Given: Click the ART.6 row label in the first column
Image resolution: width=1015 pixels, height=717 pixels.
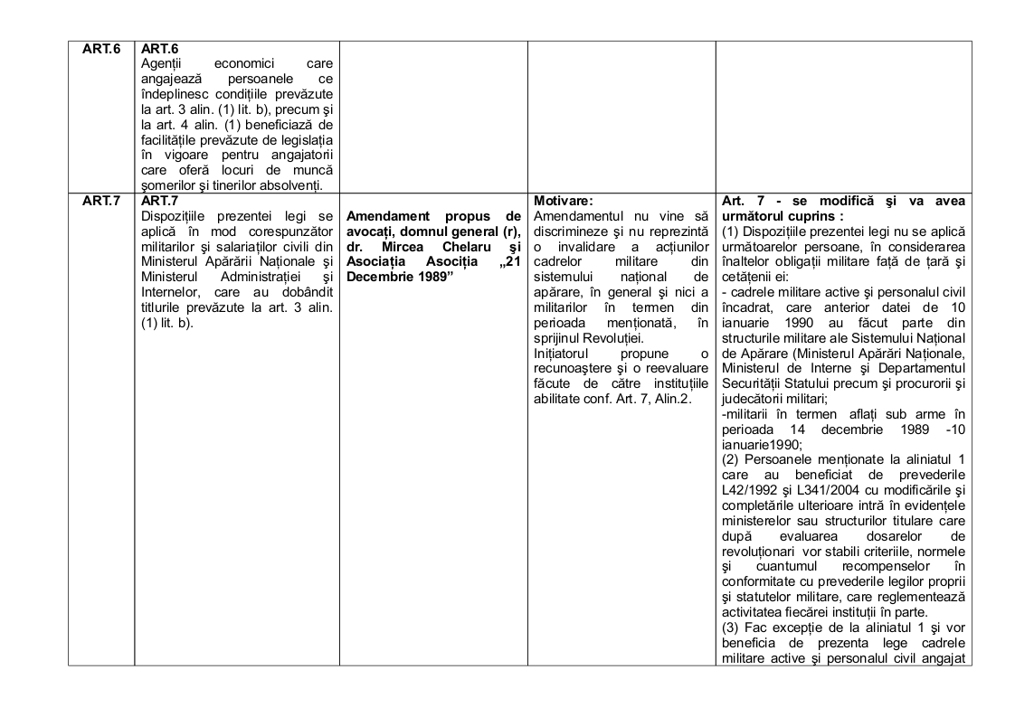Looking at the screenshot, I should coord(101,50).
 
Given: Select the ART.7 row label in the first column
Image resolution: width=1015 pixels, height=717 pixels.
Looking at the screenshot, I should coord(101,201).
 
